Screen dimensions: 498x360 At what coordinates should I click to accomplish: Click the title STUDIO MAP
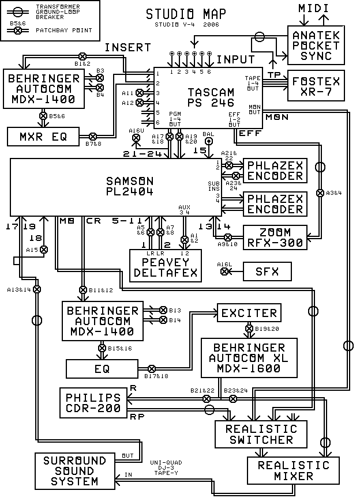(x=185, y=14)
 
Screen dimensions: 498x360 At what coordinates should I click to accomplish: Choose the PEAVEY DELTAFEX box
(x=166, y=266)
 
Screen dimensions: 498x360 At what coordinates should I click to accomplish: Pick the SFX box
(x=267, y=270)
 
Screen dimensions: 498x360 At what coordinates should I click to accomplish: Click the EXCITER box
(x=249, y=313)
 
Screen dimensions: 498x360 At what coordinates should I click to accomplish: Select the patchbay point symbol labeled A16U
(x=136, y=138)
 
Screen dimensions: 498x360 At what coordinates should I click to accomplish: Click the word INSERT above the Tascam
(x=128, y=47)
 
